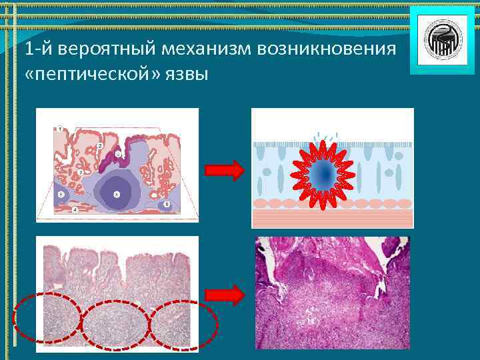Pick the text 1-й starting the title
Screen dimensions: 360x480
coord(34,50)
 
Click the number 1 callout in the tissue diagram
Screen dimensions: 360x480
coord(60,127)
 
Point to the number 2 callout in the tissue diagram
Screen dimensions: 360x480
coord(99,145)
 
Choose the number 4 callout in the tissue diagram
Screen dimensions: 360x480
coord(75,210)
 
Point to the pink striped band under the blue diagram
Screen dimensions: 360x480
coord(332,219)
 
